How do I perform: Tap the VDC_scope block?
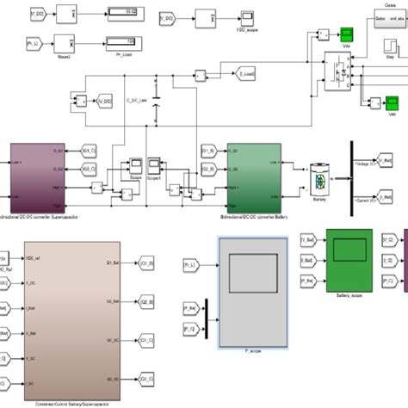coord(205,16)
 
